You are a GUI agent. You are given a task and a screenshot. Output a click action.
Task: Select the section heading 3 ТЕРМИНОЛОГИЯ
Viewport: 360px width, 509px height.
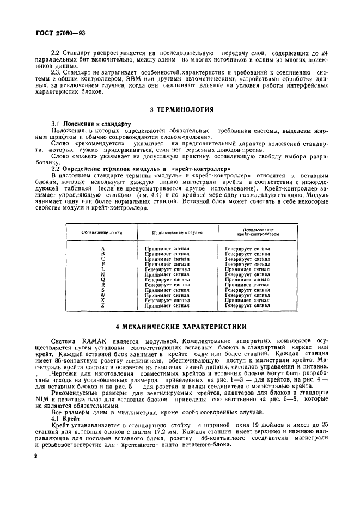(x=181, y=109)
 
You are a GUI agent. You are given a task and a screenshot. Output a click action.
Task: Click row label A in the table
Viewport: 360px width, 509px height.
(x=102, y=248)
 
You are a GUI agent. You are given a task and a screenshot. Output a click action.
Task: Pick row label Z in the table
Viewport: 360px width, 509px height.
(x=102, y=305)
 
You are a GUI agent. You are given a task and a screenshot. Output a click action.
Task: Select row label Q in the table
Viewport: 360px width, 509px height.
(x=102, y=279)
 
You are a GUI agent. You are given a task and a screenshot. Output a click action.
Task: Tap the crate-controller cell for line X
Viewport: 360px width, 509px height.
(x=247, y=300)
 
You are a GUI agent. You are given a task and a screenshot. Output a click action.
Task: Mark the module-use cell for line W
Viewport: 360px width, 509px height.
(x=167, y=295)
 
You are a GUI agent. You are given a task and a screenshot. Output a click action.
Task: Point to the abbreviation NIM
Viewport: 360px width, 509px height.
(x=57, y=398)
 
